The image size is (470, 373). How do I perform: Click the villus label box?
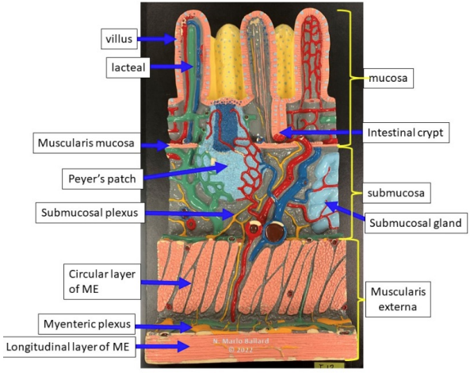coord(119,39)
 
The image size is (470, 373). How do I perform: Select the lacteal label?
coord(128,67)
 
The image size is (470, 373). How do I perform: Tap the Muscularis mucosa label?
coord(86,143)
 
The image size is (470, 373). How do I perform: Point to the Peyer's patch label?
coord(102,179)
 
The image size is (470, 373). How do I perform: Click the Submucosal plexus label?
coord(90,213)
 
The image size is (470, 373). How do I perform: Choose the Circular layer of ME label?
coord(102,282)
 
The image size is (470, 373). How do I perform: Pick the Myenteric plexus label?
coord(87,324)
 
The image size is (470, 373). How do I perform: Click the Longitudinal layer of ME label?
coord(69,347)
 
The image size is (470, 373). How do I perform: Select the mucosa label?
coord(388,79)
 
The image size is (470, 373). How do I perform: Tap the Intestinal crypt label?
coord(406,133)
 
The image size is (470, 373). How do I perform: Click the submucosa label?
coord(396,193)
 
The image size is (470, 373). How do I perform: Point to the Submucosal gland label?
coord(416,223)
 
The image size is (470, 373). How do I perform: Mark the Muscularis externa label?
coord(398,299)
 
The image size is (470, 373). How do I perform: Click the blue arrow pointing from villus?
coord(156,39)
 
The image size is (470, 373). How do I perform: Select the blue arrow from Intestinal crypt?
coord(321,133)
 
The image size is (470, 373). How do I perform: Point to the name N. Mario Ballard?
coord(241,341)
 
